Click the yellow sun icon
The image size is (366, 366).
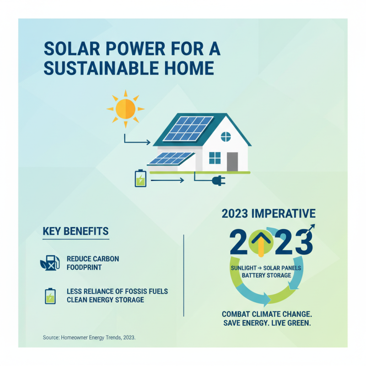125,109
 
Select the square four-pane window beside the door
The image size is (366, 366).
215,158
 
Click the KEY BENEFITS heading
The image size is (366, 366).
75,231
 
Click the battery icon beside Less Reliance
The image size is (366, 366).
49,296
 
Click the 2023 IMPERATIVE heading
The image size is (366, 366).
268,214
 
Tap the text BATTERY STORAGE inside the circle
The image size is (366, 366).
266,275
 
